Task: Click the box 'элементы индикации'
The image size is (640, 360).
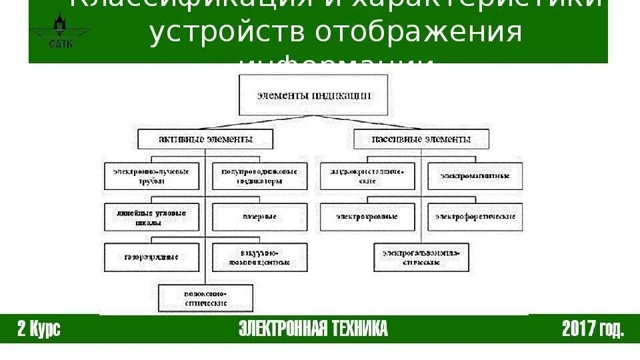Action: coord(313,95)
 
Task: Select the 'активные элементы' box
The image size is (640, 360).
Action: coord(205,139)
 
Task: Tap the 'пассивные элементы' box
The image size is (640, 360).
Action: coord(421,139)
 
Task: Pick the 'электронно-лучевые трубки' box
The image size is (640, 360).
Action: coord(152,175)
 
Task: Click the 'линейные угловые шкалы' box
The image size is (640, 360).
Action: coord(152,217)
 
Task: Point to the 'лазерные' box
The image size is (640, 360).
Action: coord(259,217)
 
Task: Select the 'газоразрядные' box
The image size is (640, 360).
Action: coord(152,257)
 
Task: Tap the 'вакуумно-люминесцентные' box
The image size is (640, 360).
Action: coord(259,257)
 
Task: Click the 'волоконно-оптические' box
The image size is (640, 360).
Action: coord(206,297)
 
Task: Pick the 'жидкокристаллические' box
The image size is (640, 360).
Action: coord(367,175)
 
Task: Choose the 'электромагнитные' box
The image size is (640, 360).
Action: coord(475,175)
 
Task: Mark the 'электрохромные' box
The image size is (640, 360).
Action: coord(367,217)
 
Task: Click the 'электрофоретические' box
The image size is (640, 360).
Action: coord(475,217)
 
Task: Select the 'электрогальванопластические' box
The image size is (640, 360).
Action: coord(421,257)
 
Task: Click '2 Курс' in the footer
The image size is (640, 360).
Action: coord(39,329)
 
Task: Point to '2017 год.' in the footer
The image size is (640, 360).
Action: coord(593,329)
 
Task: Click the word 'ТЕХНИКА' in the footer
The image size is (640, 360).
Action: coord(353,329)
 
